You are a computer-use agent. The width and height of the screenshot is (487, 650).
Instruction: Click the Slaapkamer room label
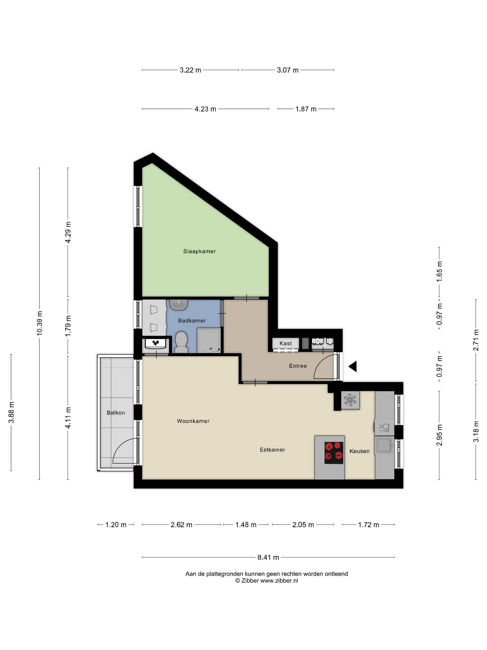(199, 251)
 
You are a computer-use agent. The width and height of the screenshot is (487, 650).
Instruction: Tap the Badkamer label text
(192, 321)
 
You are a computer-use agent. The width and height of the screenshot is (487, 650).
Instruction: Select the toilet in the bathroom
(181, 342)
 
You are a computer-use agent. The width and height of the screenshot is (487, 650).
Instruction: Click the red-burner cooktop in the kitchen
(334, 453)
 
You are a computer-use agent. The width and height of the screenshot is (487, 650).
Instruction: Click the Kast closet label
(286, 343)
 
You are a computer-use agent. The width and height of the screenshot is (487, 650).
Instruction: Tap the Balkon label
(116, 413)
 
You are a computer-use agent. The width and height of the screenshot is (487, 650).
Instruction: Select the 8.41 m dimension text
(268, 557)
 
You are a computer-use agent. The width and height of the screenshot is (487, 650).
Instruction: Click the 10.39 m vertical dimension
(40, 323)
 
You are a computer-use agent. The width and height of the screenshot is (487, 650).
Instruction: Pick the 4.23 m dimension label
(205, 109)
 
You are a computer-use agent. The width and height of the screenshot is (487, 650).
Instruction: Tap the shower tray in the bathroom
(209, 341)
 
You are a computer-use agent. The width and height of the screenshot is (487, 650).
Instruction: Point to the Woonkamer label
(193, 421)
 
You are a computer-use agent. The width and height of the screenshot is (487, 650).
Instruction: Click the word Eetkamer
(272, 450)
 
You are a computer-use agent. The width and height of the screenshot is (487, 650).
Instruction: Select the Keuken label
(360, 451)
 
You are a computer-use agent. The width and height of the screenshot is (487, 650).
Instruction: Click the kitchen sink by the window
(384, 445)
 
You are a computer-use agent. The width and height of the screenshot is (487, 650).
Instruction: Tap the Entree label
(298, 366)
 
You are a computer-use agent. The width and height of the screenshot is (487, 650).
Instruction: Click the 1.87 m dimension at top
(306, 109)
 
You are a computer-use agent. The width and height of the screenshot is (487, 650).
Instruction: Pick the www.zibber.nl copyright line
(267, 580)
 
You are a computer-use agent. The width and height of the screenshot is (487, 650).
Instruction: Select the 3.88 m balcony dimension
(11, 412)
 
